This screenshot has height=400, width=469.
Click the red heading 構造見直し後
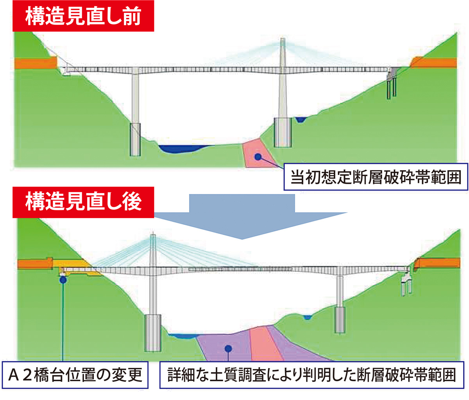(x=83, y=202)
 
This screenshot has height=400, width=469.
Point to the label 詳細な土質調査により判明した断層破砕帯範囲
(x=311, y=375)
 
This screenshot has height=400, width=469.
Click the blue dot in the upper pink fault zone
(x=258, y=157)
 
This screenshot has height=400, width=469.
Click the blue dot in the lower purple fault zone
(x=229, y=348)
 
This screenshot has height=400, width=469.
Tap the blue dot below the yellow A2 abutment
(x=63, y=279)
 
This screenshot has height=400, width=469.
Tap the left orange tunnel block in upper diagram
(x=35, y=63)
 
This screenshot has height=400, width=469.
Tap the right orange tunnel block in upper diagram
(x=435, y=63)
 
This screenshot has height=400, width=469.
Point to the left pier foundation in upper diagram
(x=135, y=139)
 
